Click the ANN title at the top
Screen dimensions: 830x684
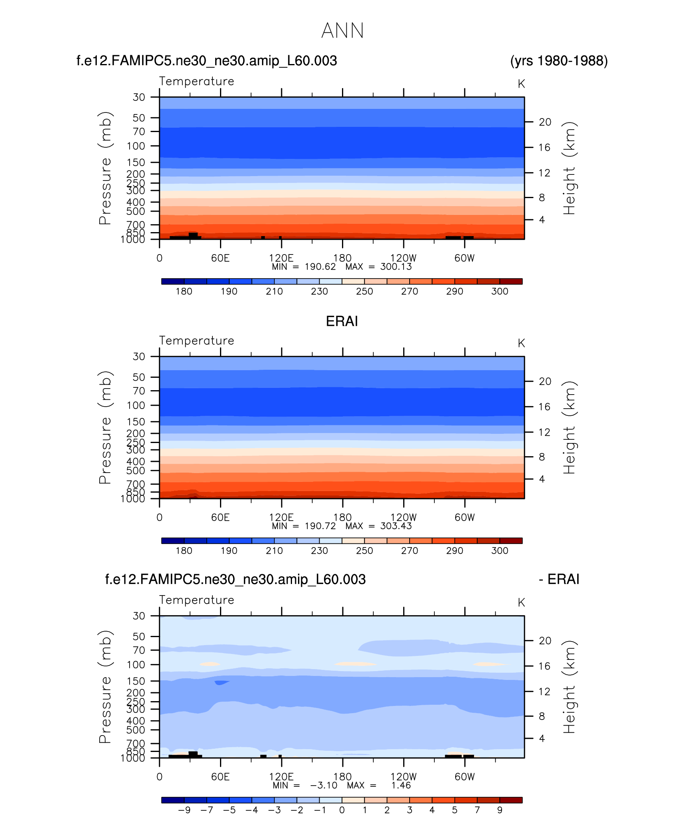(x=342, y=31)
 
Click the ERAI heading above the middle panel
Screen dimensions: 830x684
(x=342, y=321)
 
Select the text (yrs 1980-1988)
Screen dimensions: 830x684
(x=559, y=61)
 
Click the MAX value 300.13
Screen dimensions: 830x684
(x=396, y=267)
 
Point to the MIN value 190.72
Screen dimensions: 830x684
(x=320, y=526)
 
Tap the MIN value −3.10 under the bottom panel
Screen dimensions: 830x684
(x=324, y=785)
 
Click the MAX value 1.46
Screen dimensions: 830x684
(x=401, y=785)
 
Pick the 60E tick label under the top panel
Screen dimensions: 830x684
(x=220, y=258)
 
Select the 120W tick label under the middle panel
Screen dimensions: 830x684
(x=403, y=517)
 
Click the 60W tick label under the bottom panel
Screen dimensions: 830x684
(x=464, y=777)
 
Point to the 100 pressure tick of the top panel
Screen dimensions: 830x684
(x=136, y=146)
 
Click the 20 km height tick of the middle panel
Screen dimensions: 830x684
(x=545, y=381)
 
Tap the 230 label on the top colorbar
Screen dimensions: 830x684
(x=319, y=291)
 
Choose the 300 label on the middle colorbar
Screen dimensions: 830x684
(x=500, y=551)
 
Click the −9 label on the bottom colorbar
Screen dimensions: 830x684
(x=184, y=810)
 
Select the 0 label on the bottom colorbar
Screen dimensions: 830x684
(x=342, y=810)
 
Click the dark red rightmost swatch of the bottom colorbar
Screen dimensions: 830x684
(x=511, y=800)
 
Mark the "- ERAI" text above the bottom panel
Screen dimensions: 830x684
(x=559, y=579)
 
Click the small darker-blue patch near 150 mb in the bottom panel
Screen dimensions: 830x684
(x=221, y=682)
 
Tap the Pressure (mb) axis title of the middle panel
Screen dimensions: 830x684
(x=105, y=427)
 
